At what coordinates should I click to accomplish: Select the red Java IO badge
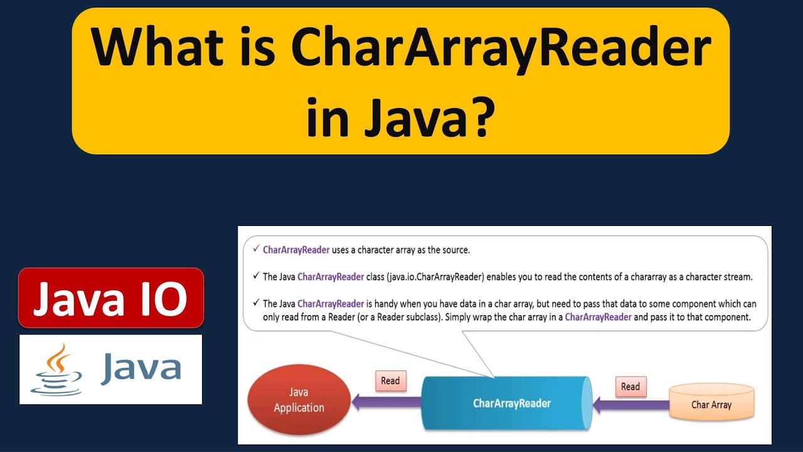[111, 298]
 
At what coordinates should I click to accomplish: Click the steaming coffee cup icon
[56, 370]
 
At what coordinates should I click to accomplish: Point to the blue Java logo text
[141, 368]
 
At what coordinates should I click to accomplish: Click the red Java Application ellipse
[299, 399]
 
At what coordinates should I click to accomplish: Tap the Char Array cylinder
[711, 404]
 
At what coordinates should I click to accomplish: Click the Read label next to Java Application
[390, 381]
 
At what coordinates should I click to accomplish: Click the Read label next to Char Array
[630, 386]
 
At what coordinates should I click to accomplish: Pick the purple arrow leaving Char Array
[630, 406]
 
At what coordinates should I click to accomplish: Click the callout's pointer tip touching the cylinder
[494, 377]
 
